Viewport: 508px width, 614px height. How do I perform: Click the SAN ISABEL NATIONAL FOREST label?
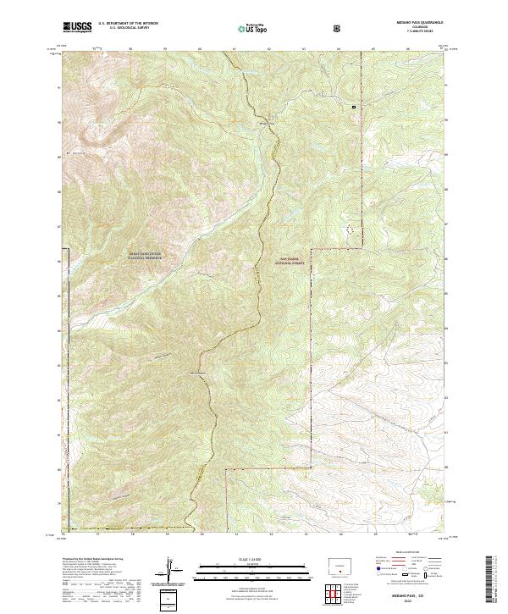tap(289, 263)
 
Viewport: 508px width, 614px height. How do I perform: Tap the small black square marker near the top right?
tap(355, 106)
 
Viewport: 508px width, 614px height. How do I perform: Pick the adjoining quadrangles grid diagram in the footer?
tap(337, 589)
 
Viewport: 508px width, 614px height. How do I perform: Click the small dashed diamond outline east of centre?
tap(347, 229)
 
